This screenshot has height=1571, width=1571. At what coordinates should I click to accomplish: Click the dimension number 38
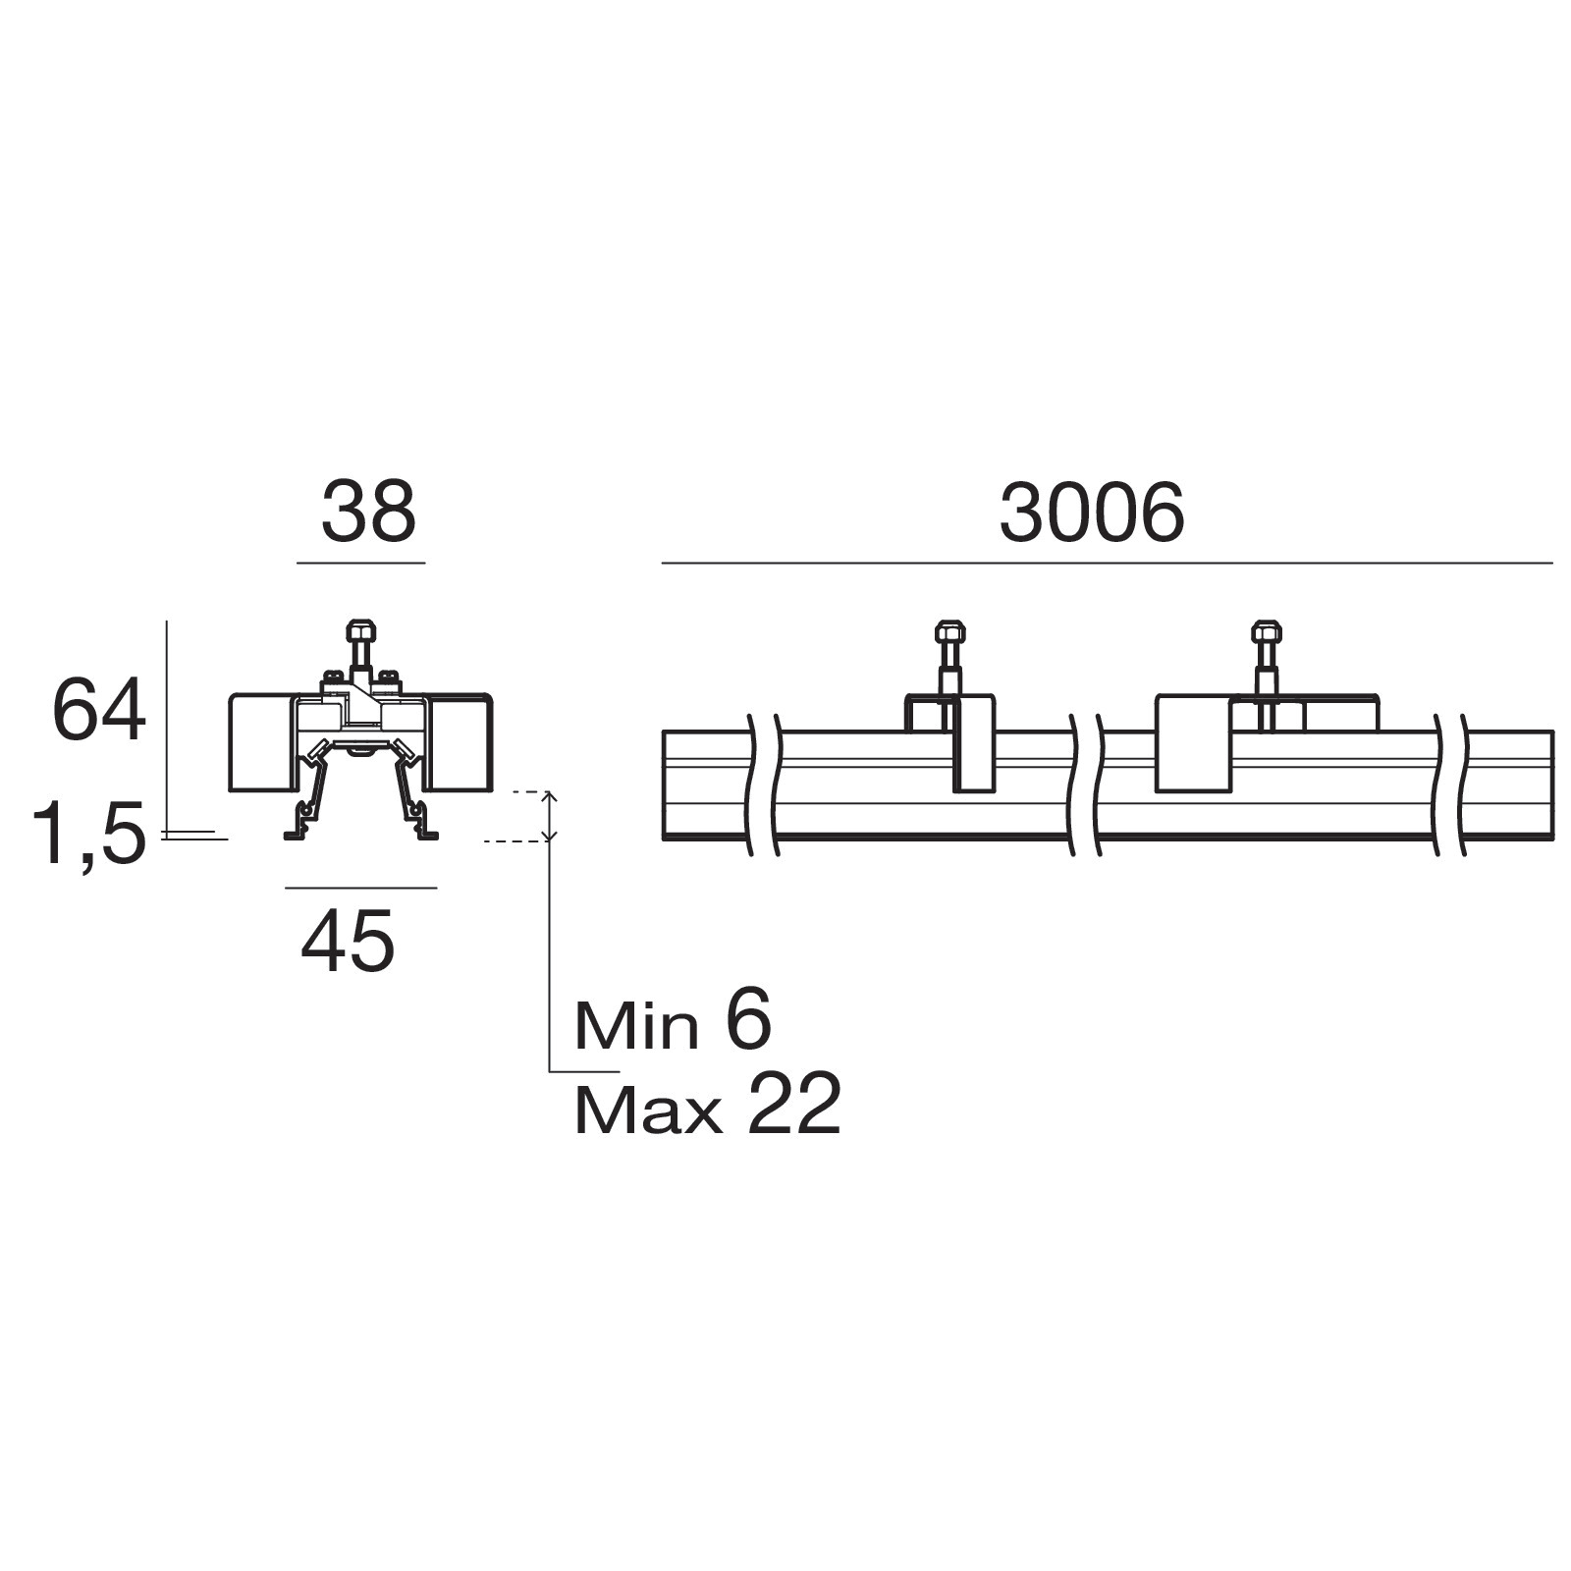[369, 512]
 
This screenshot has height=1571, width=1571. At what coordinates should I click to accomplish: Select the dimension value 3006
[1092, 514]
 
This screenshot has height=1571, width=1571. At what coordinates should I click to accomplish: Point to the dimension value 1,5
[89, 833]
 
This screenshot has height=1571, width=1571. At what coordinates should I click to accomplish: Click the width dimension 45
[349, 941]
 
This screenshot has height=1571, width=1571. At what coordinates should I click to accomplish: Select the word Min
[636, 1026]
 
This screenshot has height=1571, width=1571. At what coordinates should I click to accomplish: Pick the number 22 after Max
[793, 1106]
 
